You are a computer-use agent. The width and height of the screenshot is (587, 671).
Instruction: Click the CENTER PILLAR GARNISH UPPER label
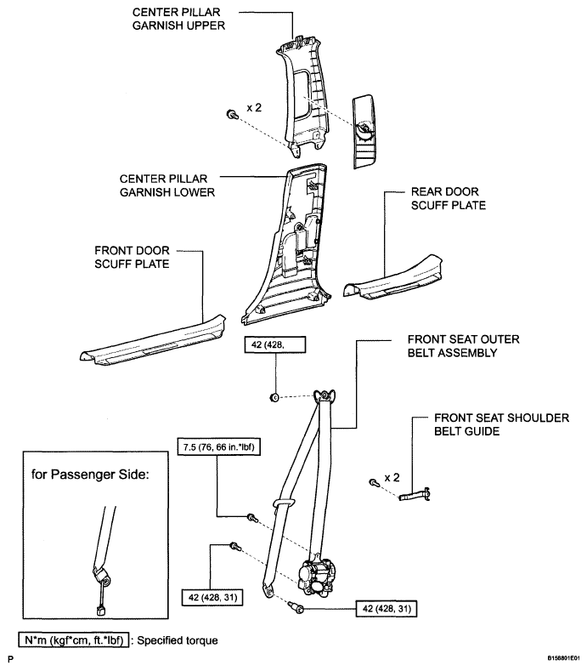pos(178,19)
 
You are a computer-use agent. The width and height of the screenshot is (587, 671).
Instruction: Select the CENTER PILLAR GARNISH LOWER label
pos(167,185)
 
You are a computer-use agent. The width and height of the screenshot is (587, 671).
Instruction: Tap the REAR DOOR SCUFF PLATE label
pos(448,198)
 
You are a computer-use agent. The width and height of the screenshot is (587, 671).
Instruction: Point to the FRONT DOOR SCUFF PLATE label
pos(132,257)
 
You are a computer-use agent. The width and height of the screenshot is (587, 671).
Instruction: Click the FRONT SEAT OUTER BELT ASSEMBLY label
pos(464,346)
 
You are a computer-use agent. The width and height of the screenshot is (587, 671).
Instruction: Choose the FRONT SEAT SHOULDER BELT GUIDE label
pos(501,424)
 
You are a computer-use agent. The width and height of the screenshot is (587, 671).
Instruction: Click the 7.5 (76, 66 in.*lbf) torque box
pos(219,447)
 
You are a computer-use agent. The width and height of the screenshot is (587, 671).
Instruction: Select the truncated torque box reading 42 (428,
pos(275,344)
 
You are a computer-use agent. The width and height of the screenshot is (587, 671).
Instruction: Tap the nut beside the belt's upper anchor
pos(274,397)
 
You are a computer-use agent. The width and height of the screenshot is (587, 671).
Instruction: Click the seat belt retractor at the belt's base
pos(317,575)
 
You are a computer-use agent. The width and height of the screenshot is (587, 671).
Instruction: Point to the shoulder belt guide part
pos(415,495)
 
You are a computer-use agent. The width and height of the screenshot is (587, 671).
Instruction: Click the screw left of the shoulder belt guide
pos(374,483)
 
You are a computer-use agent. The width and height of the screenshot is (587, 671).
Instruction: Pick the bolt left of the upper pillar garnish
pos(232,114)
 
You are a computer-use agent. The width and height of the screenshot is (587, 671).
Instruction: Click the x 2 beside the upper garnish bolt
pos(254,107)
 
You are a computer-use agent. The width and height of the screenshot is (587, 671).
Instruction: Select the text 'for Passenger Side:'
pos(90,475)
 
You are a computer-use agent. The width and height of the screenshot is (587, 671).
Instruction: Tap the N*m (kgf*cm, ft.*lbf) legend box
pos(74,640)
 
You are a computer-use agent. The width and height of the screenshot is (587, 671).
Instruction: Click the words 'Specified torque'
pos(178,640)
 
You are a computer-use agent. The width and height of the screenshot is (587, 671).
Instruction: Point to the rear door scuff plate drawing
pos(393,279)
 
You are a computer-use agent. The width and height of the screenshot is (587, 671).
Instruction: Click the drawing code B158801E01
pos(563,658)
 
